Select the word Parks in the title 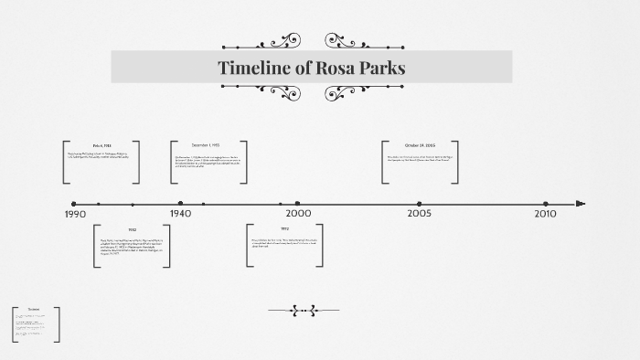[x=382, y=68]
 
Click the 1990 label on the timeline [x=76, y=215]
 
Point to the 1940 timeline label [x=181, y=214]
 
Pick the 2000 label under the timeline [x=299, y=214]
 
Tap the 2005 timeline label [x=420, y=214]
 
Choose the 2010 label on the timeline [x=546, y=214]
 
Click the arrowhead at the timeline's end [x=581, y=204]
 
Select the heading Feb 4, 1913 [x=101, y=146]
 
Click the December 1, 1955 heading [x=207, y=146]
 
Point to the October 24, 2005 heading [x=420, y=146]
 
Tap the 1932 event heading [x=132, y=229]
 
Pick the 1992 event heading [x=284, y=228]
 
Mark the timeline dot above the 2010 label [x=546, y=204]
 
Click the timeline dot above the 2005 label [x=420, y=204]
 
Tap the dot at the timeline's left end [x=73, y=204]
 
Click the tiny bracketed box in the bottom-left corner [x=36, y=324]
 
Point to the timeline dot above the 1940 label [x=181, y=204]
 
